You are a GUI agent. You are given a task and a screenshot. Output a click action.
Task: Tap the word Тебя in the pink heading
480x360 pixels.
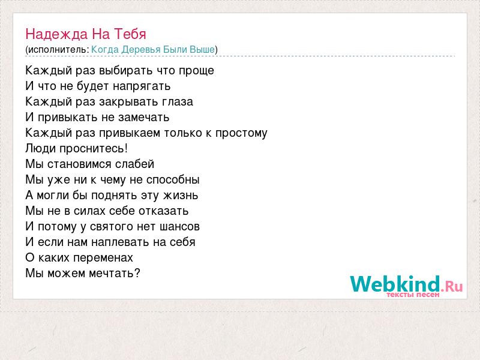click(130, 34)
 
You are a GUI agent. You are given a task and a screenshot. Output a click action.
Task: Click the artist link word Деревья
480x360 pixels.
click(141, 50)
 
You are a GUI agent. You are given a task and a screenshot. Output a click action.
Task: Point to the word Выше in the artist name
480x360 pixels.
click(202, 49)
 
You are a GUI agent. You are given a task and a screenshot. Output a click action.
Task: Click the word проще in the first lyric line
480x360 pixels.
click(196, 71)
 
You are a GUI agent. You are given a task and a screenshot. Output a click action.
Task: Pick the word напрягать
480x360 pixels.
click(142, 86)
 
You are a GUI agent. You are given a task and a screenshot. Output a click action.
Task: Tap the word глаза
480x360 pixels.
click(178, 102)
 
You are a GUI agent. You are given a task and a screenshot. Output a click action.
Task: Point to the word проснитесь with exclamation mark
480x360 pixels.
click(94, 149)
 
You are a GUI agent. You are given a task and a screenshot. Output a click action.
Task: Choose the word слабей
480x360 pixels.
click(134, 164)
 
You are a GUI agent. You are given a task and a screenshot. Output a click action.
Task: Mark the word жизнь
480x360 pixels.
click(181, 196)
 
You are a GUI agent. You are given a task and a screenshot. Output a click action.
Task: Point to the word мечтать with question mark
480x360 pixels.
click(115, 274)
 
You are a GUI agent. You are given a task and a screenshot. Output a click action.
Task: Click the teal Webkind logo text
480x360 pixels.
click(395, 284)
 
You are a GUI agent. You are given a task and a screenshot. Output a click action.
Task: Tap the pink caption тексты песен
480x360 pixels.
click(413, 295)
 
